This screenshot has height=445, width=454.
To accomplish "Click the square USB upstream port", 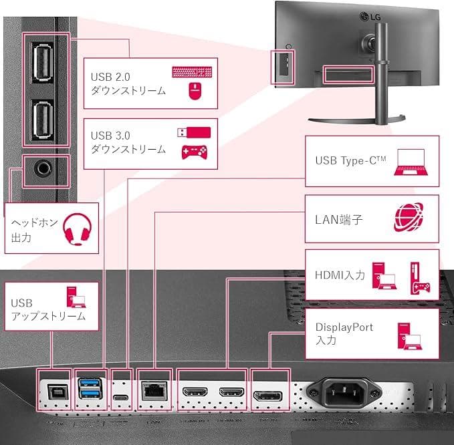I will tap(53, 390).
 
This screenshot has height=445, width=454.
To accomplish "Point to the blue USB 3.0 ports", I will tap(90, 390).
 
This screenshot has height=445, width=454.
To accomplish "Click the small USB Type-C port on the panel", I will tap(121, 399).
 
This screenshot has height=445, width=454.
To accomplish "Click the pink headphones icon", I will tap(76, 230).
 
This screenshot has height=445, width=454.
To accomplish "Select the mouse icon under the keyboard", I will tap(195, 92).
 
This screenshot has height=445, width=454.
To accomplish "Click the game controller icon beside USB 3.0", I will tap(195, 152).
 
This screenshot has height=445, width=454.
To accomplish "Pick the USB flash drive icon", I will tap(194, 132).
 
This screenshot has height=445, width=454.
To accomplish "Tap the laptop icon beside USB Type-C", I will tap(409, 161).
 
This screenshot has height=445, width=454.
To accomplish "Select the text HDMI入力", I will tap(340, 275).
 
